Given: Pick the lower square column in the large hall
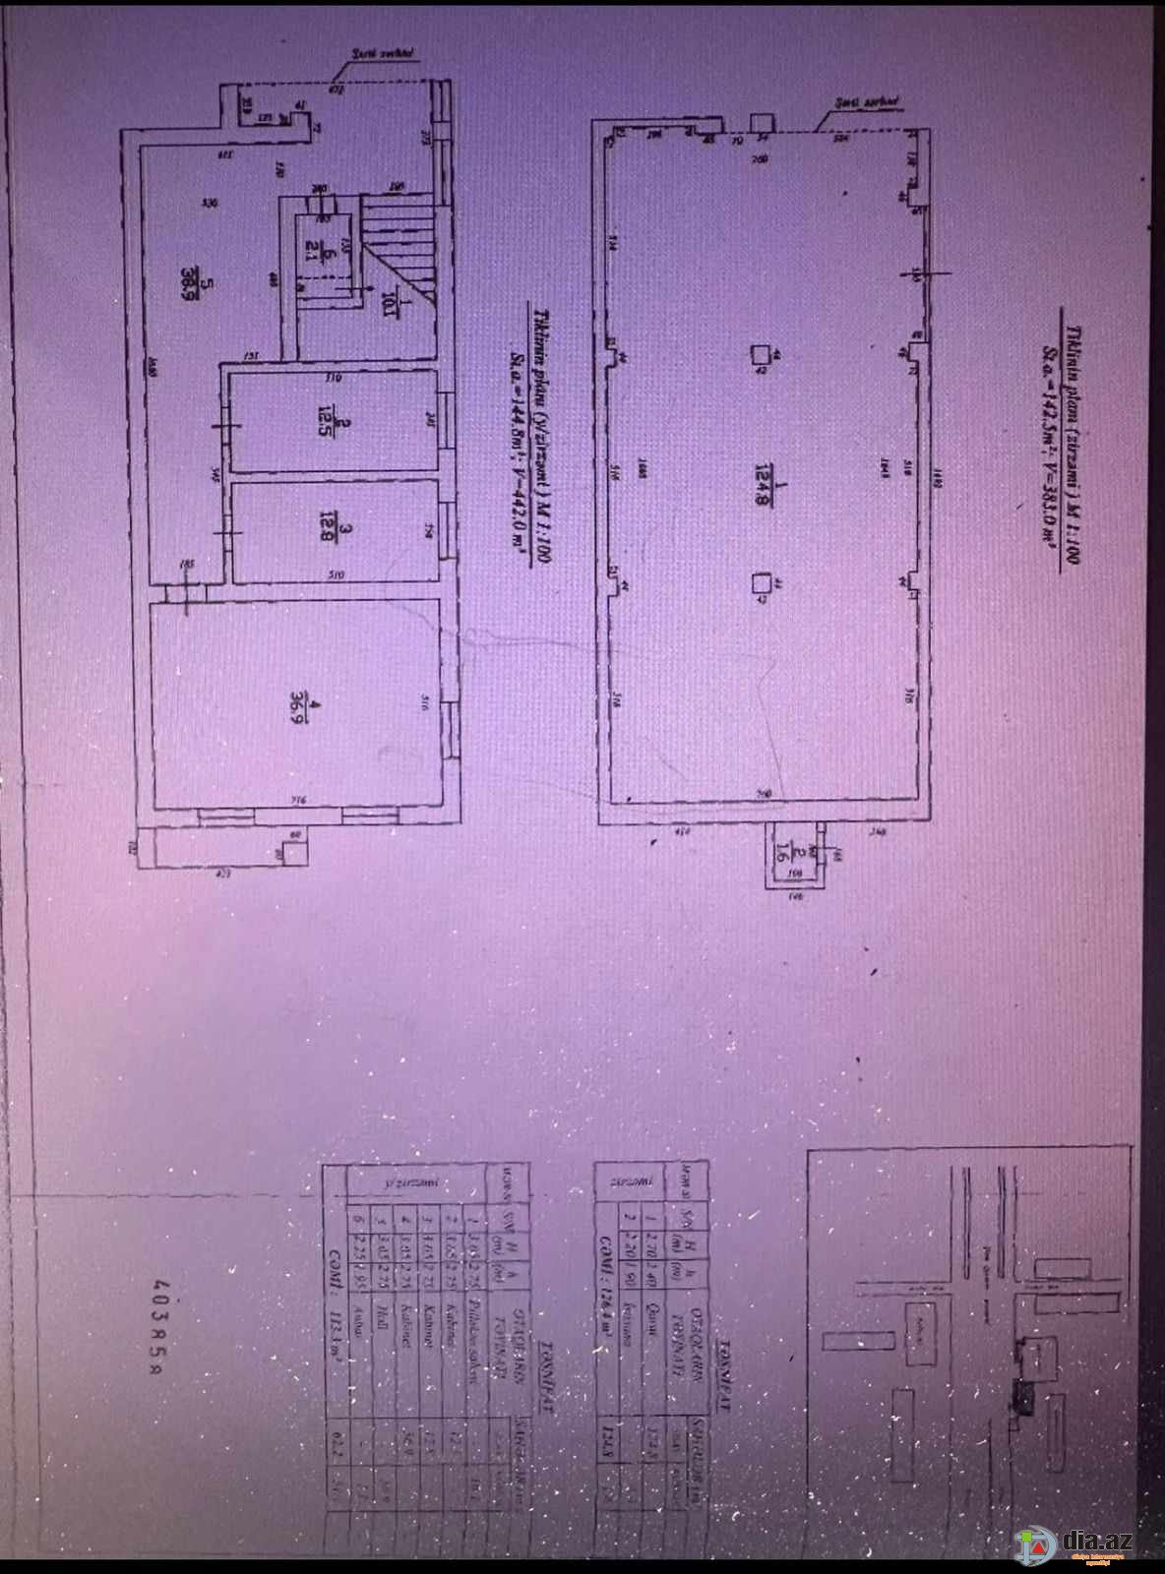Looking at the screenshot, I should tap(759, 586).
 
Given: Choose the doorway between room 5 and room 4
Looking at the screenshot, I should tap(184, 590).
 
